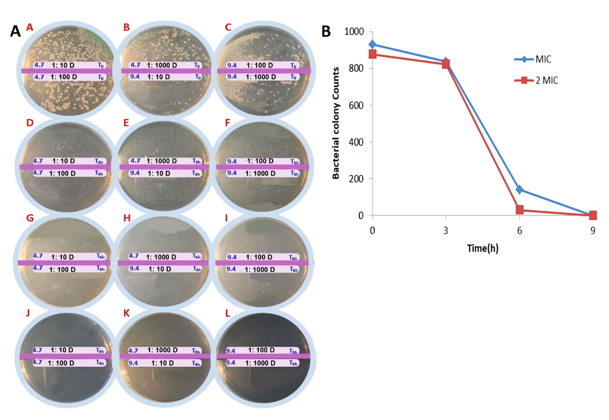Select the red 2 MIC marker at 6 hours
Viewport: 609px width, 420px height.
(520, 210)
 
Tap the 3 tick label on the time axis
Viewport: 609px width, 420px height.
(446, 231)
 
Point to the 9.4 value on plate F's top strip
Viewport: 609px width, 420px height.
(231, 161)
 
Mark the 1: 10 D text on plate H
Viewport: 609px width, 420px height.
(160, 269)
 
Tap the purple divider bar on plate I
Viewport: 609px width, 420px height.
(263, 263)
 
